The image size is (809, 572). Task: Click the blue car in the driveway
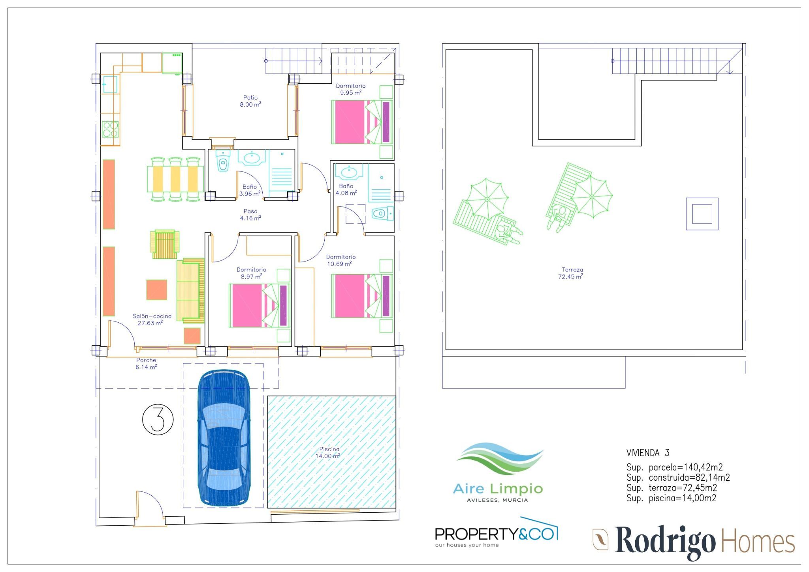(x=224, y=438)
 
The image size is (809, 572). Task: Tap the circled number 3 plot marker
(x=158, y=420)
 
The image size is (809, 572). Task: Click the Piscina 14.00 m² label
(x=328, y=453)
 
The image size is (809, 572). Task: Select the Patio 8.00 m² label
(x=250, y=101)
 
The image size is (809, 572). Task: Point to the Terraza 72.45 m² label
(x=571, y=273)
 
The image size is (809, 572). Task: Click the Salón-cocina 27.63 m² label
(x=152, y=320)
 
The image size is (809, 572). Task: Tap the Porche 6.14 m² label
(x=146, y=363)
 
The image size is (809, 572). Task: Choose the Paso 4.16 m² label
(x=250, y=214)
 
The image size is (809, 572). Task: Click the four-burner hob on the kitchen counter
(x=110, y=129)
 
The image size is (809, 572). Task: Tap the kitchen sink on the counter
(x=110, y=84)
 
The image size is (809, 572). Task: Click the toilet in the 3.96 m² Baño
(x=223, y=161)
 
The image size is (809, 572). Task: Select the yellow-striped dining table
(x=175, y=179)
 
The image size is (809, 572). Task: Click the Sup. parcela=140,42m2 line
(x=675, y=467)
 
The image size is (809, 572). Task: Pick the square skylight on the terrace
(x=702, y=214)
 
